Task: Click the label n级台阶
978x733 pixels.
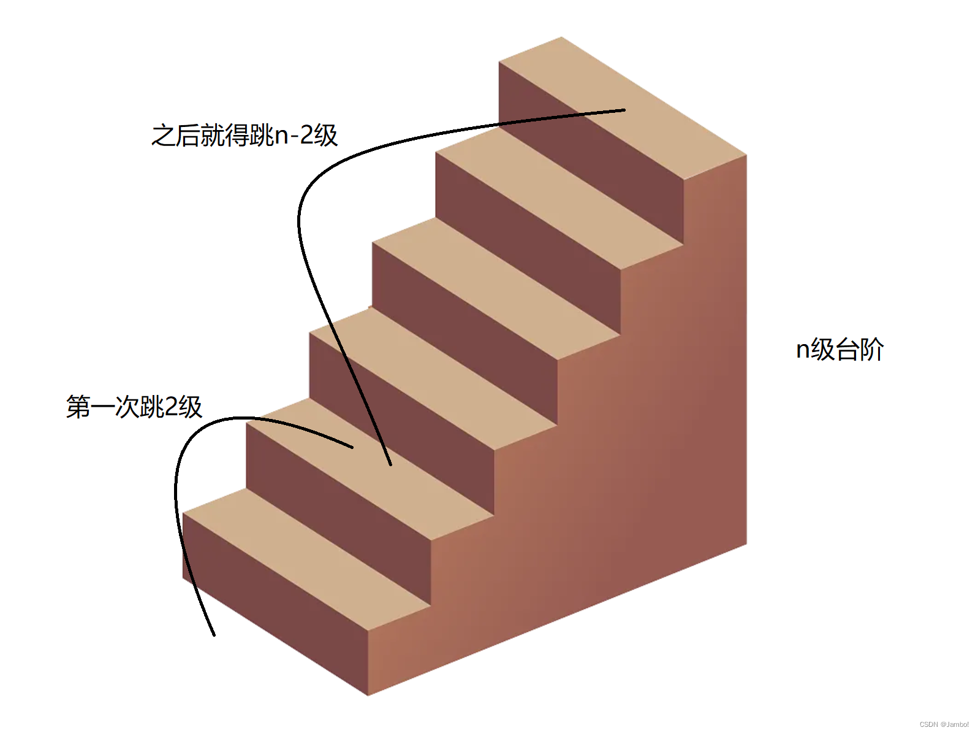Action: click(840, 350)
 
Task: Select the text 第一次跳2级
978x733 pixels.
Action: click(134, 407)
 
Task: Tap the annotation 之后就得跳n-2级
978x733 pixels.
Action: click(245, 135)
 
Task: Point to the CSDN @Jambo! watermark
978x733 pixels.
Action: click(944, 724)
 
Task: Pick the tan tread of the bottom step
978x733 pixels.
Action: click(306, 558)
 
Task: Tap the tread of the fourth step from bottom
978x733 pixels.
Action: click(496, 288)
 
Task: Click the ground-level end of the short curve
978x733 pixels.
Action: click(214, 635)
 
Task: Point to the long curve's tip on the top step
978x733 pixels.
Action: click(624, 110)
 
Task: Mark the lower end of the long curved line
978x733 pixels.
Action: click(390, 465)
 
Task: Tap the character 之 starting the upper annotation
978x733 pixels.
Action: click(163, 136)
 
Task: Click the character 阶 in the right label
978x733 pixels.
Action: click(871, 350)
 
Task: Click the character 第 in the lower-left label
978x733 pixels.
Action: click(78, 407)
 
